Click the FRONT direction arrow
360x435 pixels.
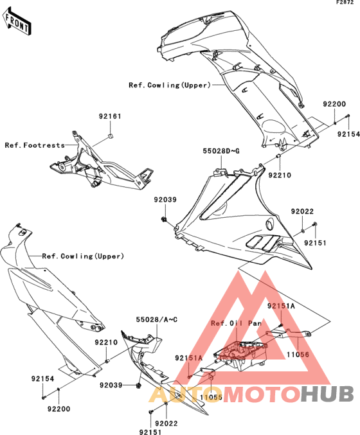(x=17, y=21)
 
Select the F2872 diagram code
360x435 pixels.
(x=345, y=3)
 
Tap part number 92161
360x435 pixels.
(x=110, y=116)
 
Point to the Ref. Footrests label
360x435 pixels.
(x=35, y=145)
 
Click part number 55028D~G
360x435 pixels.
(x=221, y=151)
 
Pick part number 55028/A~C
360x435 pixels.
(x=157, y=319)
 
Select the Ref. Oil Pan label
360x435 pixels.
(x=236, y=323)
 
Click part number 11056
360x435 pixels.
(x=298, y=354)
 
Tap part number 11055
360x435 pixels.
(x=212, y=397)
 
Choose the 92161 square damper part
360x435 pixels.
(x=110, y=136)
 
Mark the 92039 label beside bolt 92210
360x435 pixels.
(x=111, y=385)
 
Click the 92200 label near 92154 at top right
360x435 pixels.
(x=334, y=104)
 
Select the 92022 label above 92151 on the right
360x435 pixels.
(x=302, y=211)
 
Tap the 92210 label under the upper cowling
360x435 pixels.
(x=280, y=175)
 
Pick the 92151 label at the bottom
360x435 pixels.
(x=150, y=432)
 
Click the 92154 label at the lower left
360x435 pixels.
(x=42, y=378)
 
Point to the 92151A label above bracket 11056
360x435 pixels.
(x=281, y=306)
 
